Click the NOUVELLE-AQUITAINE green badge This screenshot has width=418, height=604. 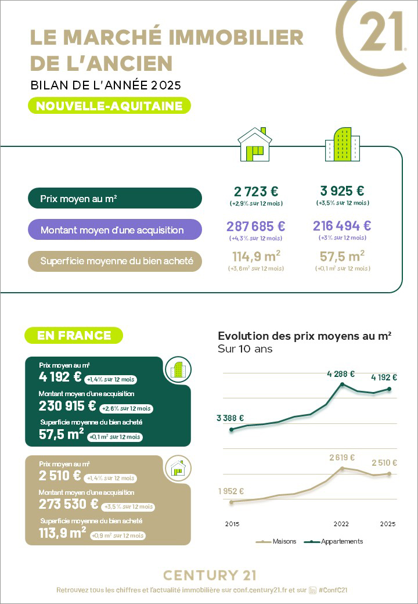(109, 106)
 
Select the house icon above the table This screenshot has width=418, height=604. (254, 145)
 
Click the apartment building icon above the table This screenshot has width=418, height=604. (342, 145)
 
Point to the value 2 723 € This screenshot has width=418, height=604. (256, 191)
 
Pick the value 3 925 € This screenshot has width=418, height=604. (342, 190)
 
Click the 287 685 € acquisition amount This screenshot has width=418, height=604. (256, 227)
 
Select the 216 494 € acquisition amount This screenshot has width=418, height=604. (342, 226)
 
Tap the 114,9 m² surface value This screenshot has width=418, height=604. (256, 256)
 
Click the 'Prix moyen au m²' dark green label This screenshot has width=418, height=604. (114, 199)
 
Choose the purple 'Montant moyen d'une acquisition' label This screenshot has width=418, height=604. (114, 230)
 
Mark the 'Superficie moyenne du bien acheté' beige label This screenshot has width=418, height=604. (114, 261)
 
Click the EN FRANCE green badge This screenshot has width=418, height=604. (74, 335)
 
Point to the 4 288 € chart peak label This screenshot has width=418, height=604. (341, 374)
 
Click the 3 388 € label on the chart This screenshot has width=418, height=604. (230, 418)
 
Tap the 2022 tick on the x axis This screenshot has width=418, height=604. (341, 524)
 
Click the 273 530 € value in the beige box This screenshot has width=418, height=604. (69, 504)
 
